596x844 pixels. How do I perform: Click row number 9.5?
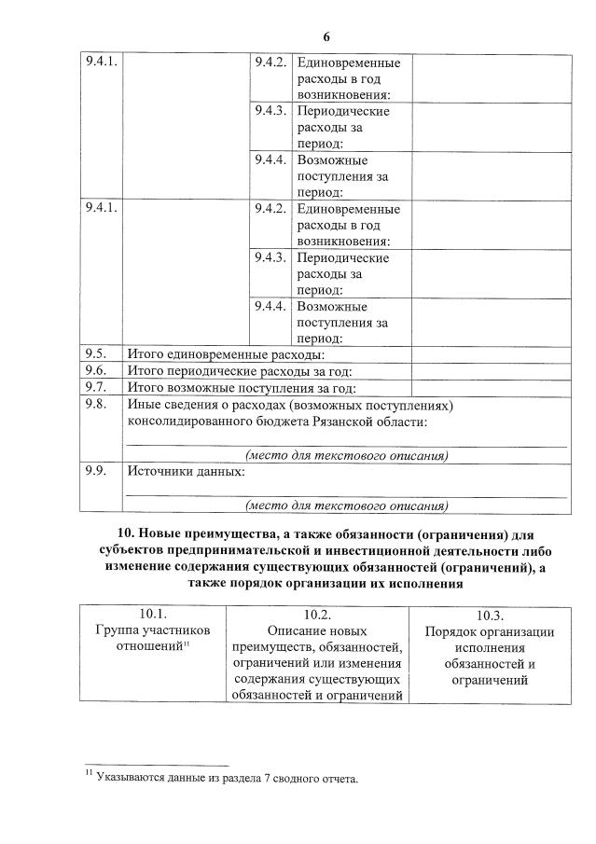point(96,354)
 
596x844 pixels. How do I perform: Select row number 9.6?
point(96,371)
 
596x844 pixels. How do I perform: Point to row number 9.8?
point(96,405)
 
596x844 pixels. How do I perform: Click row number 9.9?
point(96,472)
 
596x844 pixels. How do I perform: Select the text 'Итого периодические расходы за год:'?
point(241,371)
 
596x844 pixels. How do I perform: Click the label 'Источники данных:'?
point(186,472)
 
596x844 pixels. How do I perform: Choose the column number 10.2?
point(318,615)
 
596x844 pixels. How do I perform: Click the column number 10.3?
point(490,616)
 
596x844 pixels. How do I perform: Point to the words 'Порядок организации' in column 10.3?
point(490,631)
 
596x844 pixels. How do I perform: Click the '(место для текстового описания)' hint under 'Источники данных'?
point(346,506)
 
